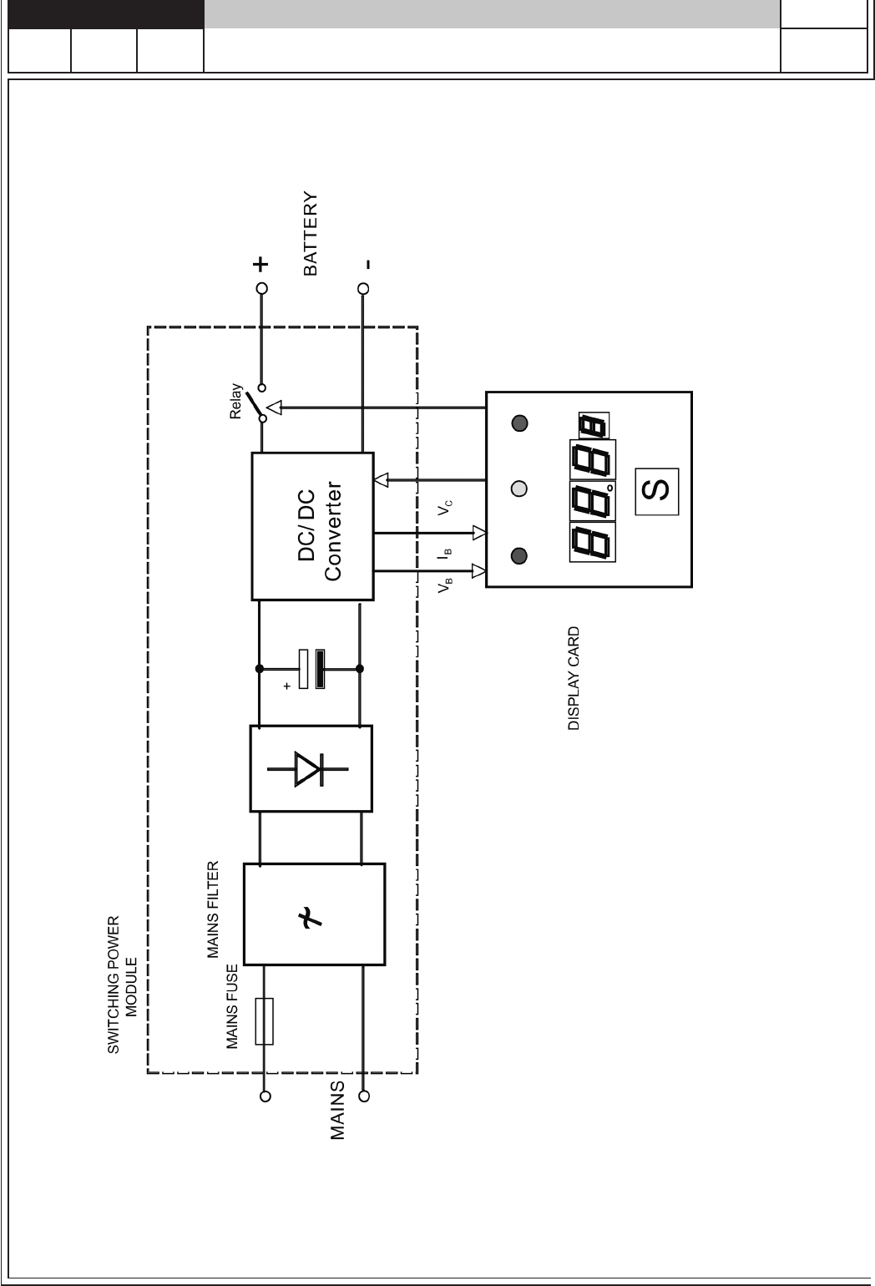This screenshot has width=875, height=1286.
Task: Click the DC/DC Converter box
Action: tap(312, 526)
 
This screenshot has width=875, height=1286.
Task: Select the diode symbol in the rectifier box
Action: tap(307, 768)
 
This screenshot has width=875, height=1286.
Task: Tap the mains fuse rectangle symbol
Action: tap(264, 1021)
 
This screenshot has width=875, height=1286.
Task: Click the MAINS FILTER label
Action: tap(213, 909)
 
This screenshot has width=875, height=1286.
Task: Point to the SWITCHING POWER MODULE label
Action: tap(121, 986)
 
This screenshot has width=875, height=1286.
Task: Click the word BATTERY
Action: tap(311, 234)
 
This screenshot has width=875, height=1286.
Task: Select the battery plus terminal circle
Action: tap(261, 289)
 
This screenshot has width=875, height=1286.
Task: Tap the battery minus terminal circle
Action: tap(363, 289)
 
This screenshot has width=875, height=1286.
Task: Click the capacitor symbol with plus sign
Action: tap(309, 669)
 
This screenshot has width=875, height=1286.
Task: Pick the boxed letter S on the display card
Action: tap(657, 491)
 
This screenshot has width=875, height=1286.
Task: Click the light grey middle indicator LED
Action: tap(519, 489)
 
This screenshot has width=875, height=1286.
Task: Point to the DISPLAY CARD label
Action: tap(574, 680)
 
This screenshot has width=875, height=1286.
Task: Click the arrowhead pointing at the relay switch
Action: tap(275, 408)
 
